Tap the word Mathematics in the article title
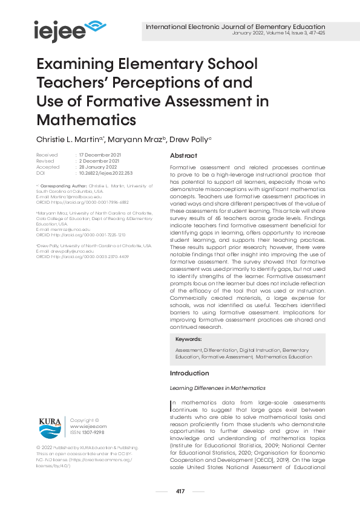pos(87,118)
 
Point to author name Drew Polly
pos(191,140)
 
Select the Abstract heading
pos(183,155)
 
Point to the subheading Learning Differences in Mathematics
pos(217,387)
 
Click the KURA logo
pos(50,427)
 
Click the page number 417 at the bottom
pos(180,491)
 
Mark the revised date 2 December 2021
pos(97,161)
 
